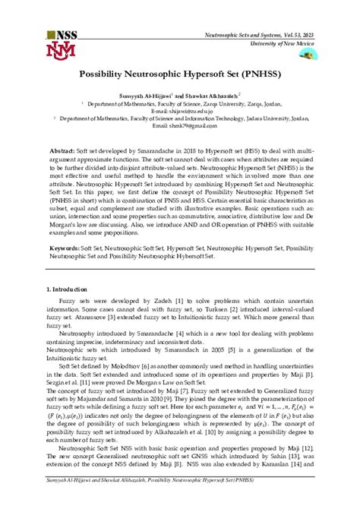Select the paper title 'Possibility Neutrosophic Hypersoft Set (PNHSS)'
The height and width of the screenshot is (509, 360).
pos(179,77)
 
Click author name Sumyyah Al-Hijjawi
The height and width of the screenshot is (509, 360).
pos(145,97)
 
